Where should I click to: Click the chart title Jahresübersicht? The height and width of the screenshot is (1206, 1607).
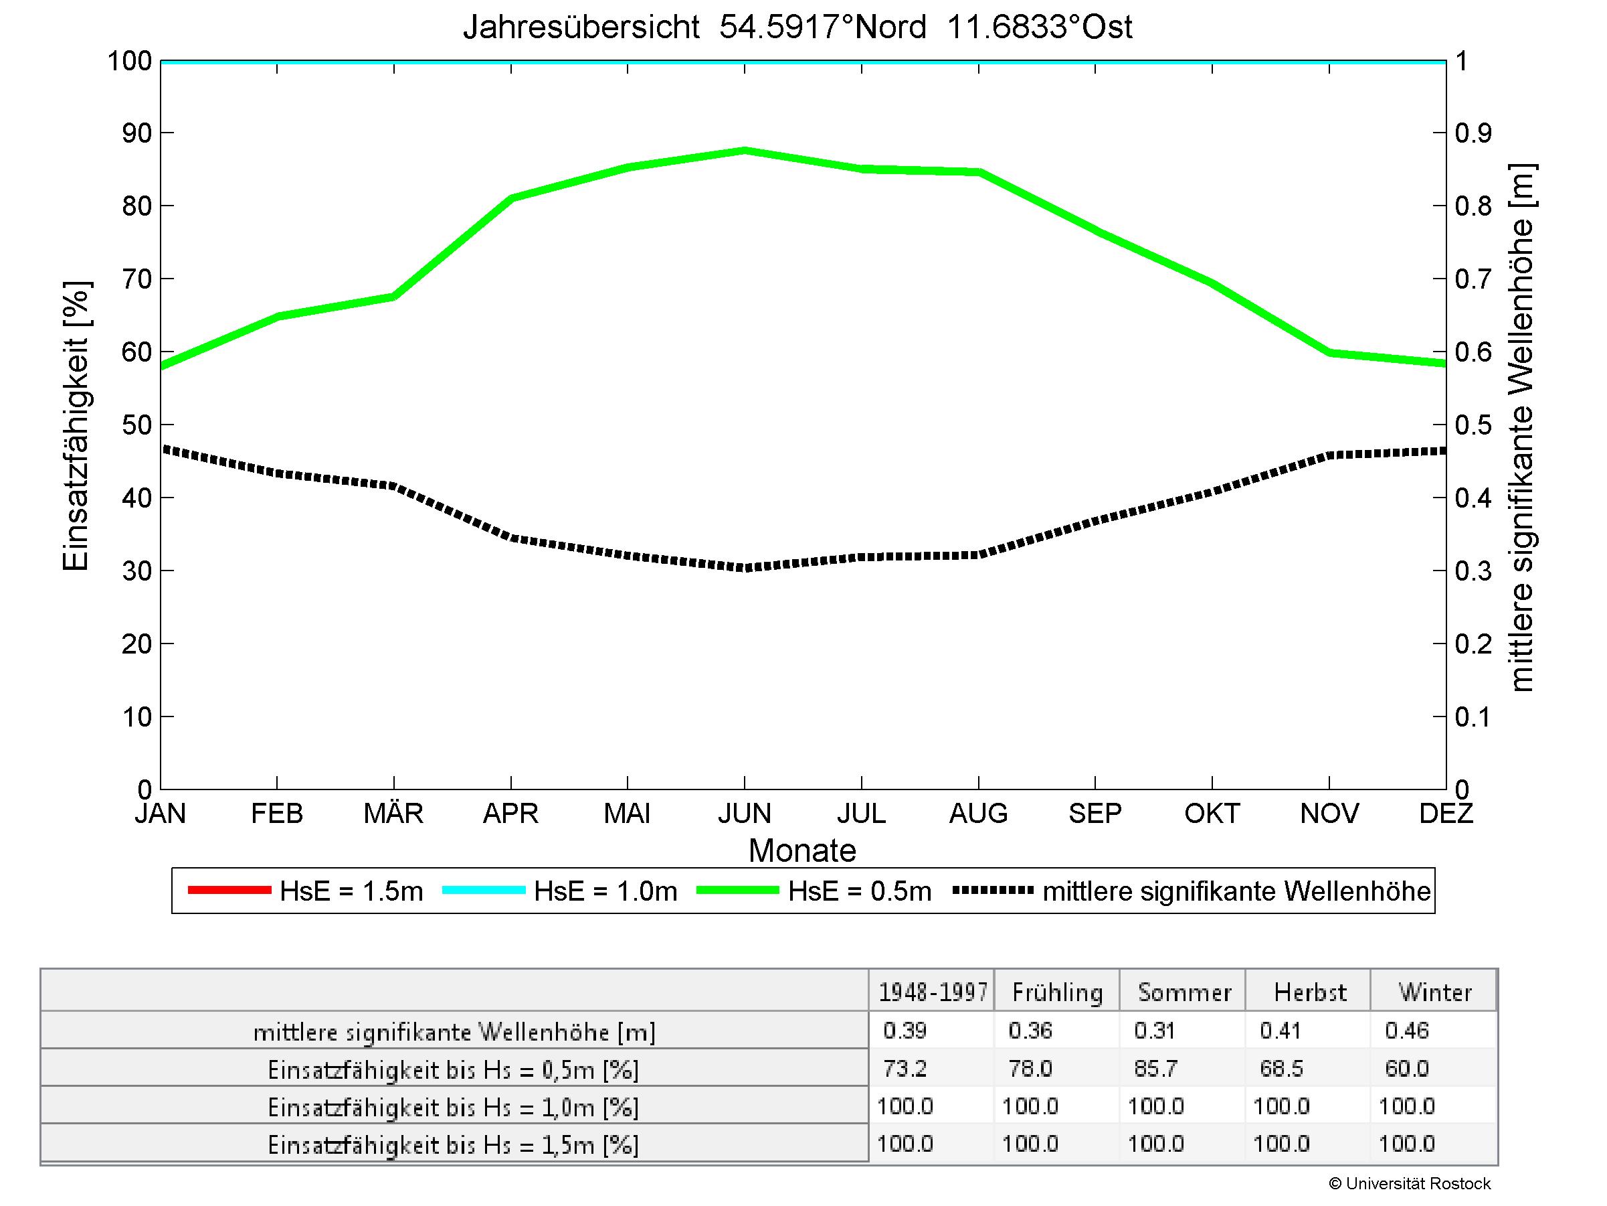point(797,27)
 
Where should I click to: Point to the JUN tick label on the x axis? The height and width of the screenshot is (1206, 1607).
point(745,813)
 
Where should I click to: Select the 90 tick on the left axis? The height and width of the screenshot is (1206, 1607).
point(136,133)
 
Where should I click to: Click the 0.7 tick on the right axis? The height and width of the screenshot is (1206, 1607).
point(1473,279)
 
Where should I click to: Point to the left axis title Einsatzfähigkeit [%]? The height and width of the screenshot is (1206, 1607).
point(76,426)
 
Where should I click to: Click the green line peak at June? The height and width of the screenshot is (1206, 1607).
point(745,151)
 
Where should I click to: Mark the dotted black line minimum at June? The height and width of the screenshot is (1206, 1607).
point(745,568)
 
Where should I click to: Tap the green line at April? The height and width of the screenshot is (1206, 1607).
point(511,198)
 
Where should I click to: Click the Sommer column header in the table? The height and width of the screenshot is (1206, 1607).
point(1184,992)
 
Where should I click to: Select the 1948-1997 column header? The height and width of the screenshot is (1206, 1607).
point(933,992)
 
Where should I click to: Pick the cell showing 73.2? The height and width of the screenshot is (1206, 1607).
point(905,1068)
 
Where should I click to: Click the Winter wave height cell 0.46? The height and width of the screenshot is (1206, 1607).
point(1406,1030)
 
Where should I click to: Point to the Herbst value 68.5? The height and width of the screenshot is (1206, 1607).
point(1282,1068)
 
